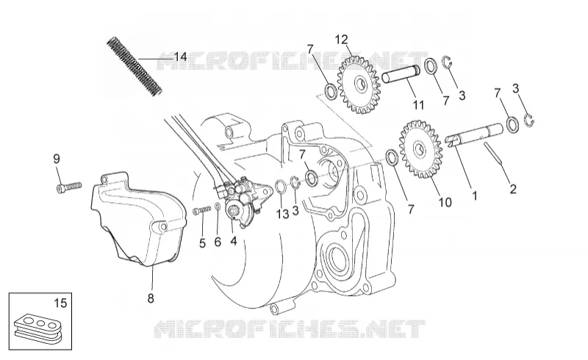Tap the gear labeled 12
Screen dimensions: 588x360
359,84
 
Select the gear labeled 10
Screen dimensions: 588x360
420,148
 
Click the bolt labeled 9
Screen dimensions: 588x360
69,187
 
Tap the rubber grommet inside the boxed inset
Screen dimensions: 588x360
38,327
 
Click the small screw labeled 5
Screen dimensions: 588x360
201,211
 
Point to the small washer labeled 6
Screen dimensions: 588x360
218,206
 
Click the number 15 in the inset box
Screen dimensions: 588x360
60,303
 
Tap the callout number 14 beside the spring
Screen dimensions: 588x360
180,57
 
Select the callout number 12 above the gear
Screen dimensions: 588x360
341,40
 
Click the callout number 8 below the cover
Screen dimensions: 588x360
151,298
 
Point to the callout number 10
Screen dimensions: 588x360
445,203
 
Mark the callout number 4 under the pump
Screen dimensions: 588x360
234,241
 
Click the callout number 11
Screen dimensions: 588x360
418,105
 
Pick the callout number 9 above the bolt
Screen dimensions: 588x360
57,159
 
